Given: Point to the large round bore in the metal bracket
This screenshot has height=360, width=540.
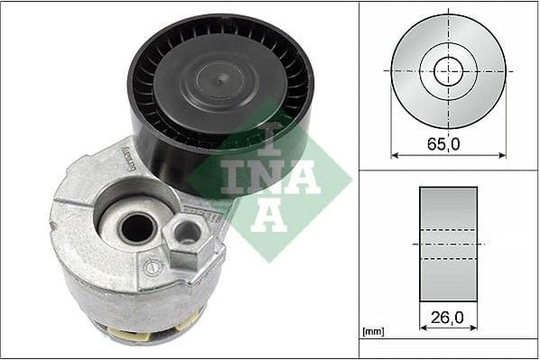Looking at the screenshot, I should [x=135, y=227].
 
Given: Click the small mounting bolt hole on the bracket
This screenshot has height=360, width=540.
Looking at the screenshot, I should [x=187, y=234].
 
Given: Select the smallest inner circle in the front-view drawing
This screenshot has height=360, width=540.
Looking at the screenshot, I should [x=448, y=69].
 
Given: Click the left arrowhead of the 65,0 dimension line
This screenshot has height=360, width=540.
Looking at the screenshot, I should [x=395, y=153].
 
